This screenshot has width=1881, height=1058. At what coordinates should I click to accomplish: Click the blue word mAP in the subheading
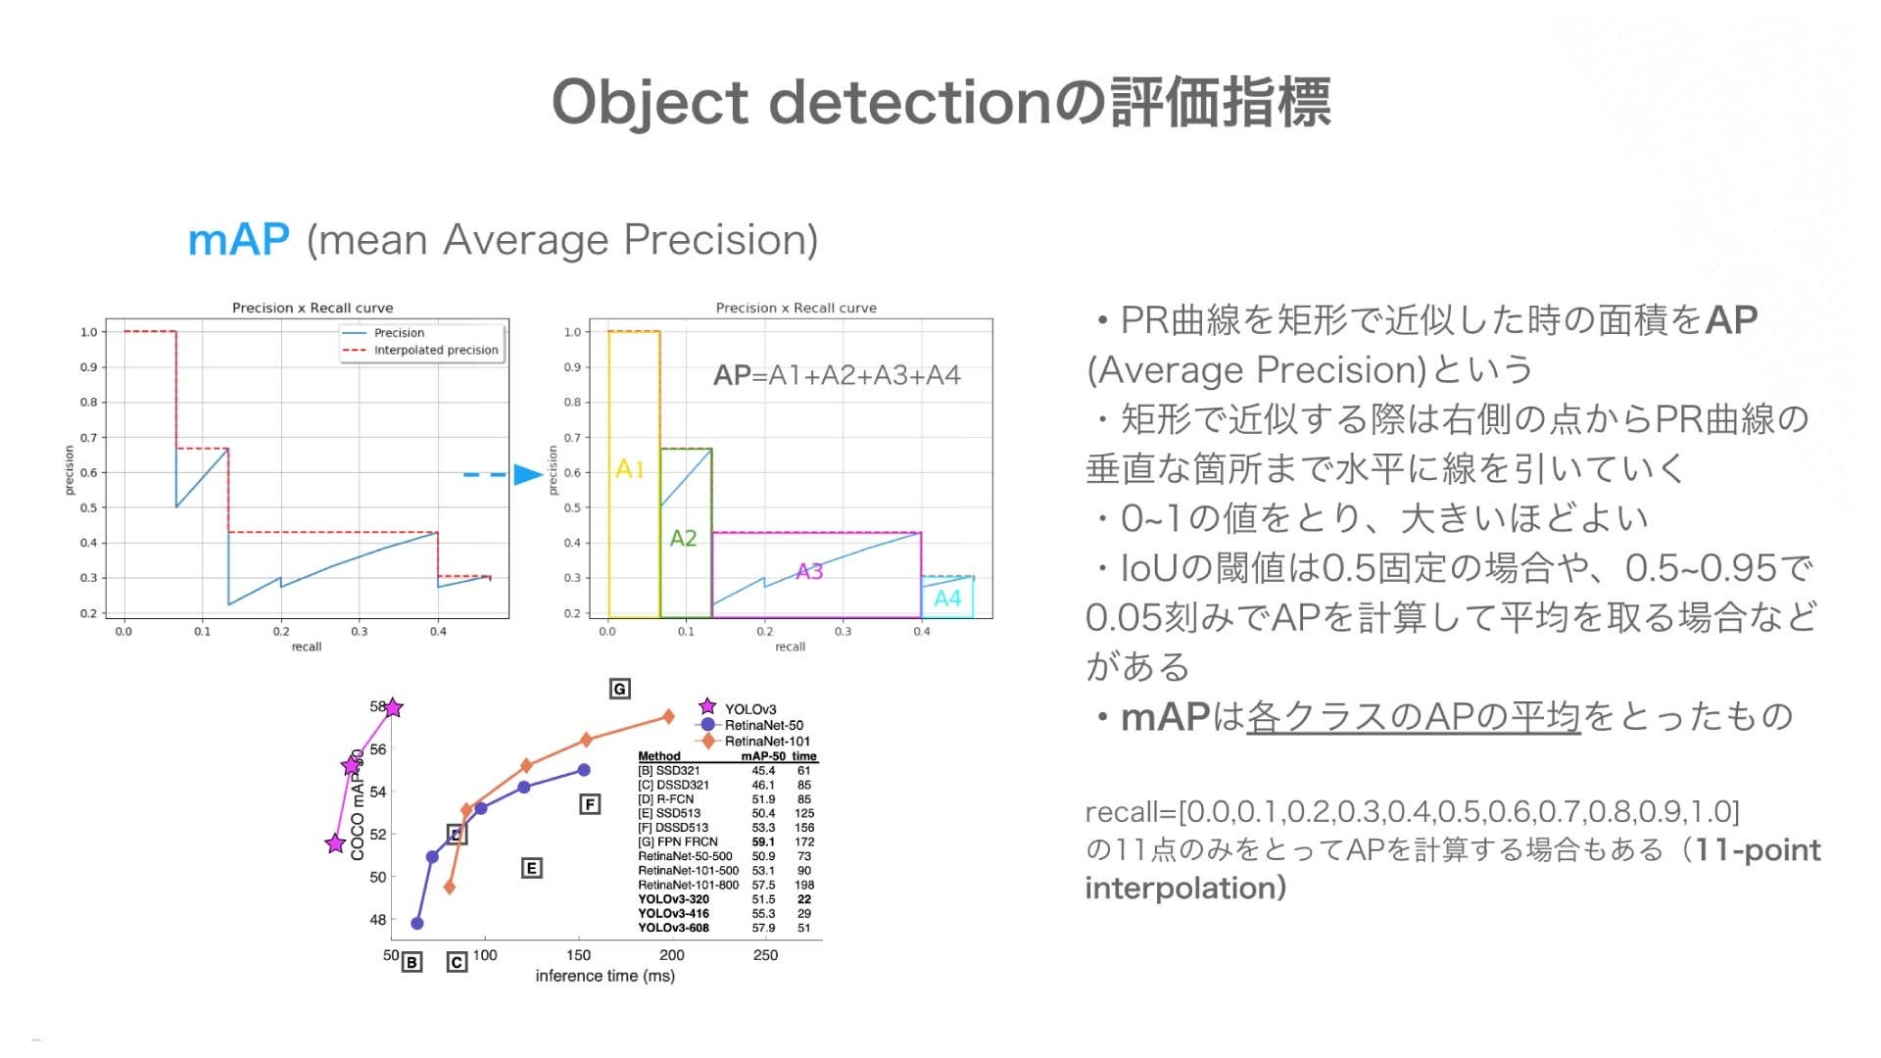(x=238, y=240)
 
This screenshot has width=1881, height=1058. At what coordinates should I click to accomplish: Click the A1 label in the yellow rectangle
(x=630, y=469)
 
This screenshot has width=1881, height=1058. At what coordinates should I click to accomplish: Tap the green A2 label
(x=683, y=538)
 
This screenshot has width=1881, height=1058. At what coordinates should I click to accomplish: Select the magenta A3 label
(x=809, y=571)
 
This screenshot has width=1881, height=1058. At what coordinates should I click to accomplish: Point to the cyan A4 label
(x=947, y=598)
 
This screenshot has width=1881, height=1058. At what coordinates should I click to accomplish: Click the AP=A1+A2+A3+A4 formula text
(x=837, y=375)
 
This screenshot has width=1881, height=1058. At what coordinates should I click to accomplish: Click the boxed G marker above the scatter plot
(x=619, y=689)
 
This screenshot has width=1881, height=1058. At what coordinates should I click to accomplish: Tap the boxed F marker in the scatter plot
(x=589, y=804)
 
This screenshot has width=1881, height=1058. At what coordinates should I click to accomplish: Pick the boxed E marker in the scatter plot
(x=531, y=868)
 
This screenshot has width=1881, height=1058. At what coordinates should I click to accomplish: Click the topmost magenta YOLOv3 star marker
(x=393, y=707)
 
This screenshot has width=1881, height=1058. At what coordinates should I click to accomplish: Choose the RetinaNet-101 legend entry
(x=766, y=742)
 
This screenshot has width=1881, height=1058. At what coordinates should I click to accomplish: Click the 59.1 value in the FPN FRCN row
(x=763, y=842)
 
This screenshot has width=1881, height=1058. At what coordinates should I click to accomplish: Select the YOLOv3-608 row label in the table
(x=673, y=928)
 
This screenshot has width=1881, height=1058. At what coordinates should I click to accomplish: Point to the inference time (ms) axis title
(x=604, y=976)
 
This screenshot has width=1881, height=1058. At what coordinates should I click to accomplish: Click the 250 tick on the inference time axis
(x=765, y=955)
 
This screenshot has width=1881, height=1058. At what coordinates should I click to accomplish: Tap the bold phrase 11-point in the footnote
(x=1758, y=849)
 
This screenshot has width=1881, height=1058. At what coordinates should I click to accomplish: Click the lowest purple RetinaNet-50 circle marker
(x=416, y=923)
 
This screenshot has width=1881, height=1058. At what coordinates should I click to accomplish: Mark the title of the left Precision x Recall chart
(x=313, y=308)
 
